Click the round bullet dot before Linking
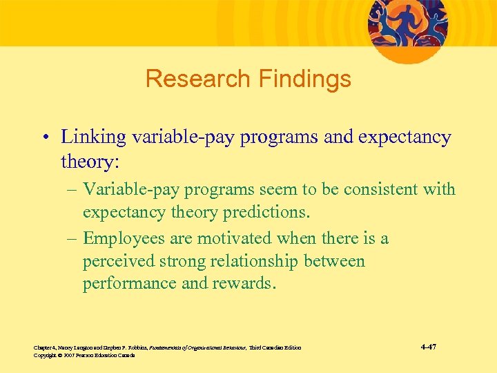tap(44, 137)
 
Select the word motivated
tap(235, 238)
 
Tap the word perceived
tap(117, 261)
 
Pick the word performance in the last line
tap(128, 284)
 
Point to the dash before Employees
tap(72, 238)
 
